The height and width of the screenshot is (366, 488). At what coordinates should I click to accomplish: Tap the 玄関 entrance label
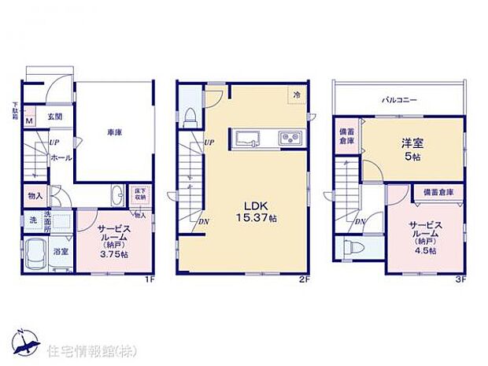click(54, 116)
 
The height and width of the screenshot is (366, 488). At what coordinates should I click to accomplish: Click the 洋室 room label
click(392, 144)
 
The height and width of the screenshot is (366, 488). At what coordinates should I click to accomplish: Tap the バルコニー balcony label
click(400, 101)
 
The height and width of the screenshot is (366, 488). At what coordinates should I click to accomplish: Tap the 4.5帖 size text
click(425, 251)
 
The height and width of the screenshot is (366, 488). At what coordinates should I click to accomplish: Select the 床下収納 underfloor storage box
click(140, 194)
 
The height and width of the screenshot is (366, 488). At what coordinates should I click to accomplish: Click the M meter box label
click(29, 120)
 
